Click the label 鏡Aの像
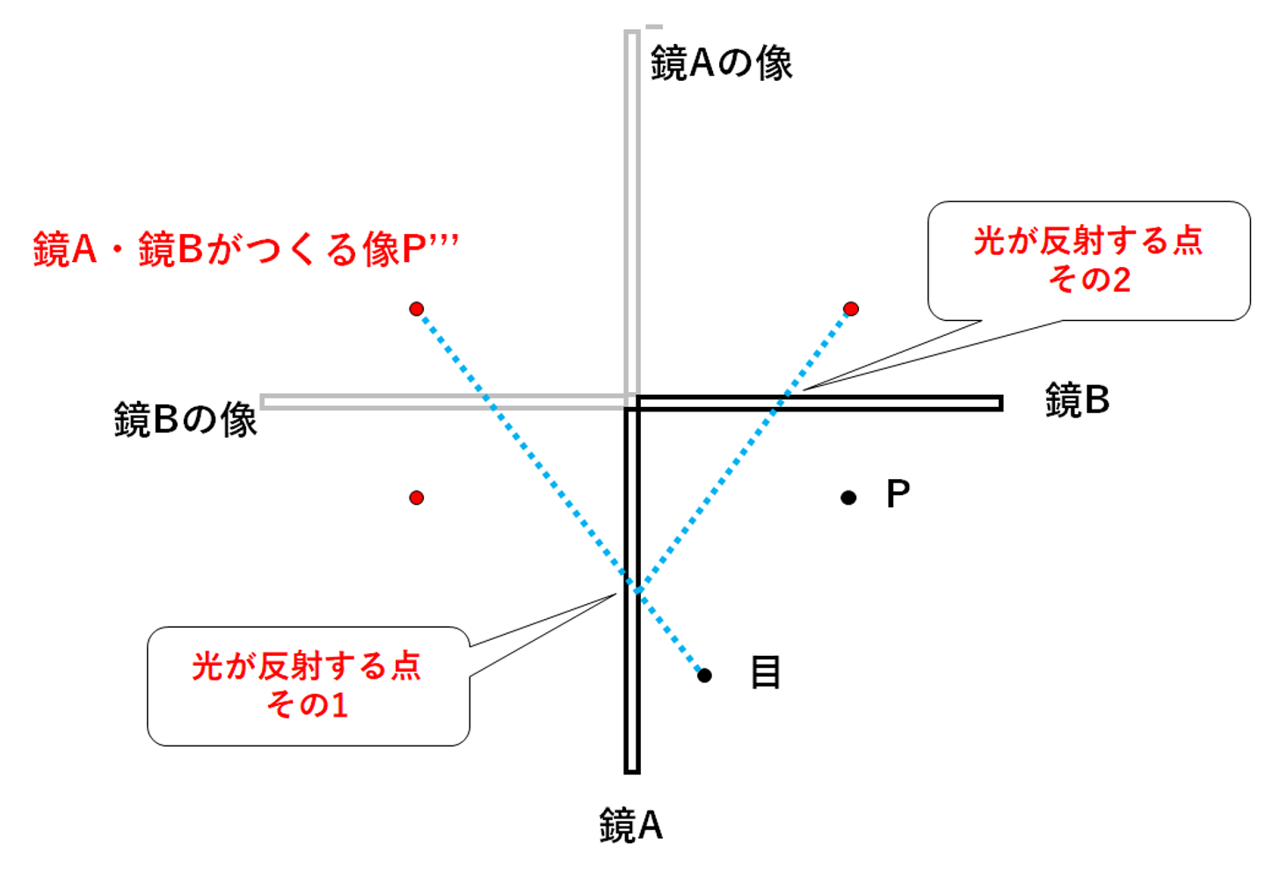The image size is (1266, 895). click(x=721, y=64)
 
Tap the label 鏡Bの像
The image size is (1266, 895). click(x=185, y=419)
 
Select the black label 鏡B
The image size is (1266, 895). click(x=1077, y=400)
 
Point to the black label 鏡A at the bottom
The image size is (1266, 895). click(x=630, y=826)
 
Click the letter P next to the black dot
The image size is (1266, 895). click(x=898, y=494)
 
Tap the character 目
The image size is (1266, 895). click(x=765, y=673)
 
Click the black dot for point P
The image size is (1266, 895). click(x=848, y=498)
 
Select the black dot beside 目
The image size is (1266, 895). click(x=704, y=675)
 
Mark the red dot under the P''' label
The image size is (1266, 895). click(x=417, y=309)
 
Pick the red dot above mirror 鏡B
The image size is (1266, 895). click(x=851, y=309)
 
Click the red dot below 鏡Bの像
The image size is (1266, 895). click(x=417, y=498)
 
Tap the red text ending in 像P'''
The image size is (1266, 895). click(x=246, y=250)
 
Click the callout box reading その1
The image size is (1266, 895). click(x=308, y=686)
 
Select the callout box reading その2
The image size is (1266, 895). click(x=1088, y=260)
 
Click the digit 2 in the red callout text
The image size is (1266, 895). click(x=1121, y=280)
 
